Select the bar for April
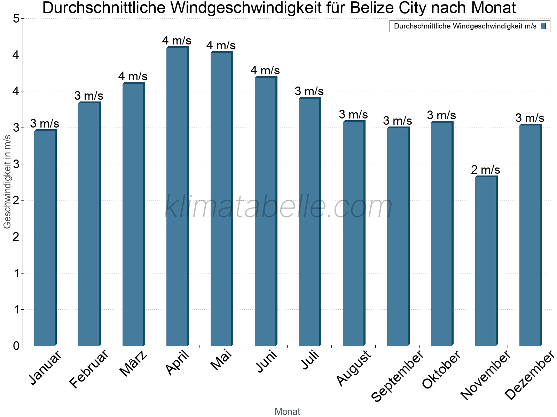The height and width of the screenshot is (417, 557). click(177, 196)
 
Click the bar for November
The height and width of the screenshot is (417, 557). click(486, 261)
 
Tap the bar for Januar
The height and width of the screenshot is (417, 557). click(45, 238)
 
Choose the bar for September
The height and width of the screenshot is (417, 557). click(398, 237)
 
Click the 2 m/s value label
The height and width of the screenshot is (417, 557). click(486, 170)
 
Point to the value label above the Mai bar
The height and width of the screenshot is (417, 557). click(221, 46)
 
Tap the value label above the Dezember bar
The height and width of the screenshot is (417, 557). click(530, 118)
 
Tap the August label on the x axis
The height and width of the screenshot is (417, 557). click(354, 368)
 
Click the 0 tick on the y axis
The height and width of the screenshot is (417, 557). click(16, 346)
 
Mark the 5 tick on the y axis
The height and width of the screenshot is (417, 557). click(16, 19)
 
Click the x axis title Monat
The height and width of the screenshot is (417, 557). click(287, 412)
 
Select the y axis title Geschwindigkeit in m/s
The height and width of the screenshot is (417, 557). click(7, 181)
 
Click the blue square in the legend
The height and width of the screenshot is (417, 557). click(543, 26)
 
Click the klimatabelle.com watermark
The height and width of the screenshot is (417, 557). click(278, 207)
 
